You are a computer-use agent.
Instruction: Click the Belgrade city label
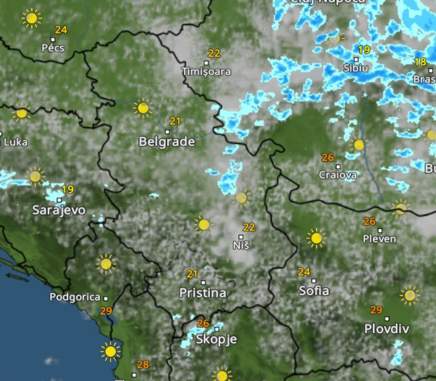[x=167, y=142]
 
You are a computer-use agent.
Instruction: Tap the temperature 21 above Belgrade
[x=175, y=121]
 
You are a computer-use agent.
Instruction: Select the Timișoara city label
[x=206, y=72]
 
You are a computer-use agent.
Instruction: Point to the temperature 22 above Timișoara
[x=214, y=53]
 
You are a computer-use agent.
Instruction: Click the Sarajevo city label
[x=59, y=210]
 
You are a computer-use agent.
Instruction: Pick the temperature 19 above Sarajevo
[x=67, y=189]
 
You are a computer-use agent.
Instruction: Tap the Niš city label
[x=241, y=245]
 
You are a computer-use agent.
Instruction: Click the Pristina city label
[x=203, y=293]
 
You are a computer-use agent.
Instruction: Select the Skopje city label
[x=216, y=339]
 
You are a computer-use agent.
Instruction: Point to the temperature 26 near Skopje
[x=203, y=323]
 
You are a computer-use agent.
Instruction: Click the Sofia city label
[x=314, y=291]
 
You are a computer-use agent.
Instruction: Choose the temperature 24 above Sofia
[x=304, y=272]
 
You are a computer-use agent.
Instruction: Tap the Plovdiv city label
[x=387, y=329]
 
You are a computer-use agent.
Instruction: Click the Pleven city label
[x=380, y=239]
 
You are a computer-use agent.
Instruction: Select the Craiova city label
[x=338, y=175]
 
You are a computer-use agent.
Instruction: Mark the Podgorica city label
[x=75, y=297]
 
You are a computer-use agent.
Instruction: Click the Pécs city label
[x=53, y=48]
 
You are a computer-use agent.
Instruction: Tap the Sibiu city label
[x=356, y=68]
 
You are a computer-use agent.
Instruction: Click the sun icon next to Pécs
[x=32, y=19]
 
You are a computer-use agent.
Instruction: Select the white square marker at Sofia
[x=314, y=281]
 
